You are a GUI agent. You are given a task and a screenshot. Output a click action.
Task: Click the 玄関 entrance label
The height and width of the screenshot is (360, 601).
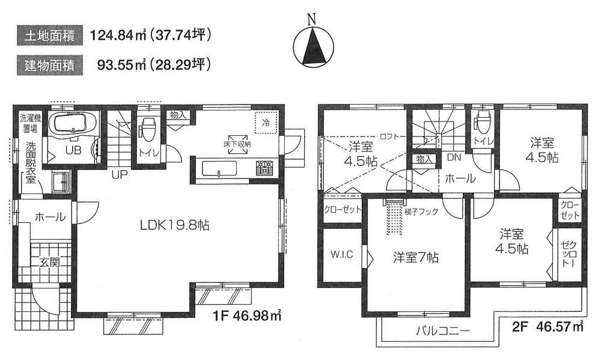[x=50, y=262]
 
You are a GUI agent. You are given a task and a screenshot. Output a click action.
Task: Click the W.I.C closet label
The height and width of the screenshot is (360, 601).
[x=341, y=254]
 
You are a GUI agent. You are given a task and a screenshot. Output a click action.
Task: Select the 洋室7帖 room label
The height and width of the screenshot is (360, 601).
[x=415, y=257]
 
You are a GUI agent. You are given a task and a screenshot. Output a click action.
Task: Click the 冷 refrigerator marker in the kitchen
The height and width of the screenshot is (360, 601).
[x=265, y=122]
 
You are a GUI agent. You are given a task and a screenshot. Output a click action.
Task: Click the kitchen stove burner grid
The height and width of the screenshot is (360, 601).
[x=264, y=168]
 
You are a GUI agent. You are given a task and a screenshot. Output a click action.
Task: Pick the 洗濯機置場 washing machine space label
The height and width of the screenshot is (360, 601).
[x=27, y=123]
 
